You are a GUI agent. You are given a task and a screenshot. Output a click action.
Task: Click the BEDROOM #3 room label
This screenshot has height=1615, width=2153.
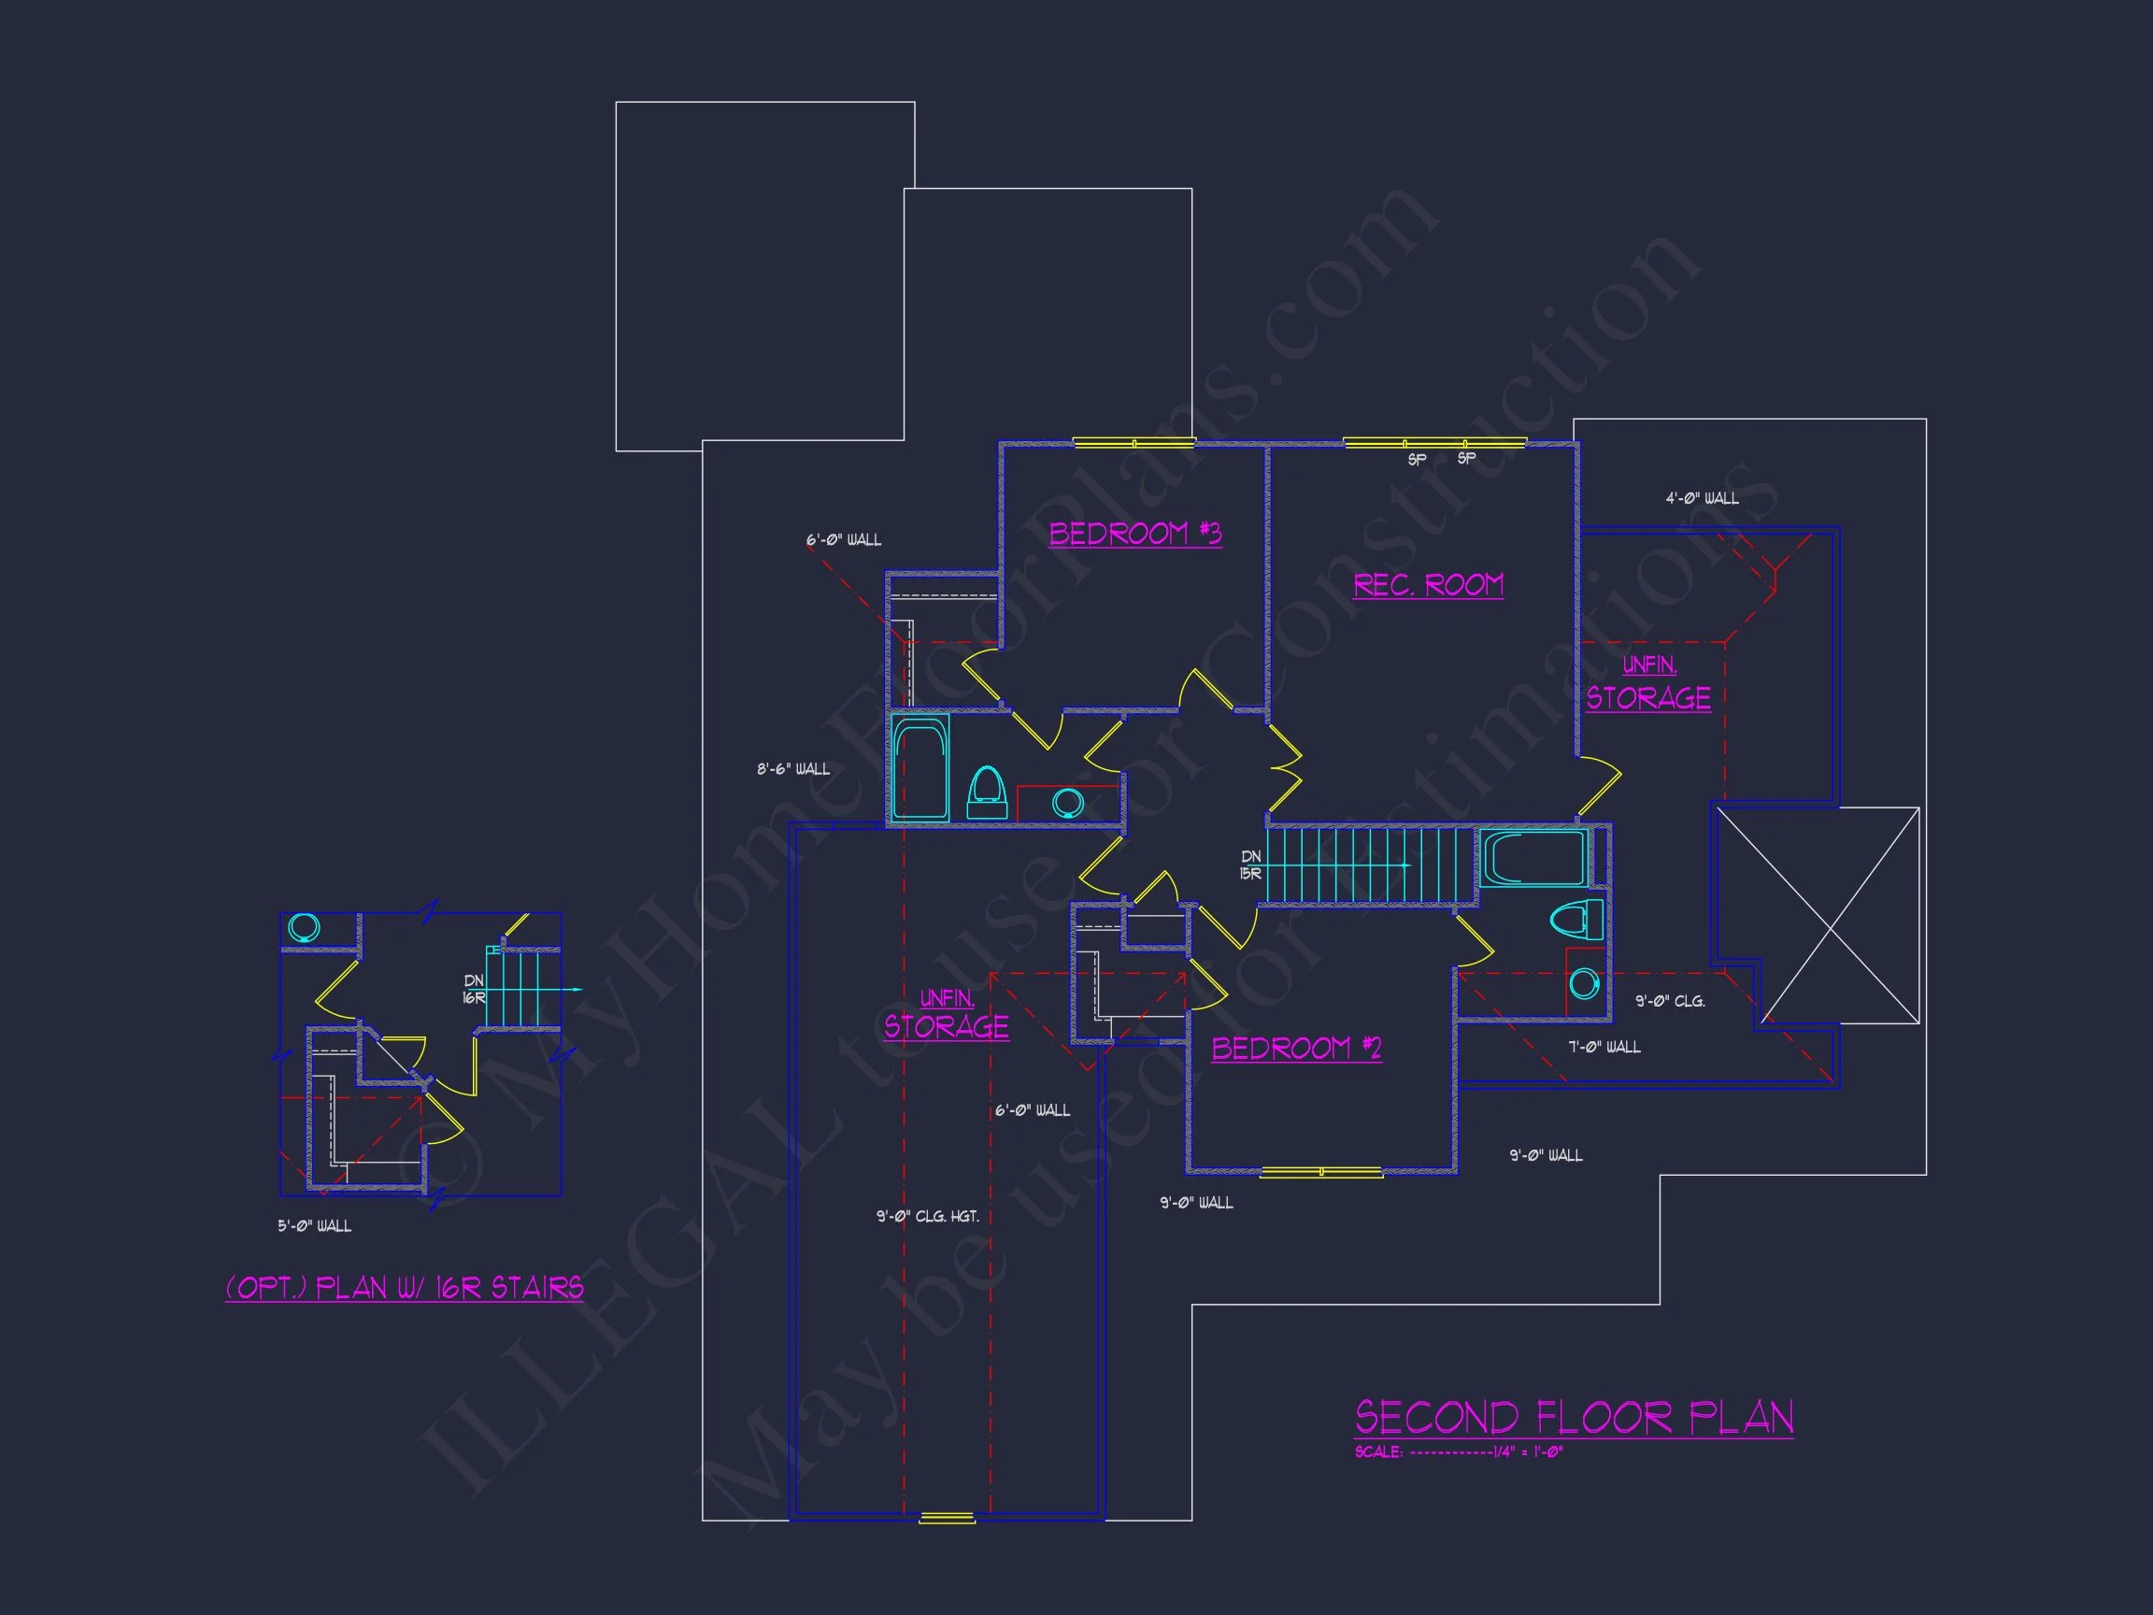pyautogui.click(x=1134, y=534)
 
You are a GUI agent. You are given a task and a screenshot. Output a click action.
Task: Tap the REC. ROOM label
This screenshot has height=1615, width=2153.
pyautogui.click(x=1428, y=585)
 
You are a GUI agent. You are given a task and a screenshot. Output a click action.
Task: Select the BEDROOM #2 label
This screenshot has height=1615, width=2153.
pyautogui.click(x=1295, y=1049)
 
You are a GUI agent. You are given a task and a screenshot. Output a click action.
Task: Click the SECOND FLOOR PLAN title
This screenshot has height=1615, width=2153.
pyautogui.click(x=1573, y=1418)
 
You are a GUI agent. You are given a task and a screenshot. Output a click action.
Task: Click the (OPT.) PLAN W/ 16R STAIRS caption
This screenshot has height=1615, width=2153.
pyautogui.click(x=404, y=1288)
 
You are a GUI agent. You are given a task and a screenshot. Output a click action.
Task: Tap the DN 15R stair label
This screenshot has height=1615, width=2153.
pyautogui.click(x=1250, y=865)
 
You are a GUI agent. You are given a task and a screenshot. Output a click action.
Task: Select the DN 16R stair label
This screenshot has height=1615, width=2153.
pyautogui.click(x=474, y=989)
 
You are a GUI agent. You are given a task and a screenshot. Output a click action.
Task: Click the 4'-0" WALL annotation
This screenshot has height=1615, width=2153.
pyautogui.click(x=1702, y=498)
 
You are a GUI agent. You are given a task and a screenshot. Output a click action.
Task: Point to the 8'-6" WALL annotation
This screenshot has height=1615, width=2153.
pyautogui.click(x=793, y=769)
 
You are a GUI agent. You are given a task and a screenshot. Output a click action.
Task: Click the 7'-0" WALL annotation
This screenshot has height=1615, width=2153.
pyautogui.click(x=1604, y=1048)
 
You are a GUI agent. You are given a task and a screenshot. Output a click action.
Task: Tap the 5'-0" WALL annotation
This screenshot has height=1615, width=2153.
pyautogui.click(x=314, y=1226)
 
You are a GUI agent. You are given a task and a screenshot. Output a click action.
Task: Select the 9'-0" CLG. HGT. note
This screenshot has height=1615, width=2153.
pyautogui.click(x=927, y=1216)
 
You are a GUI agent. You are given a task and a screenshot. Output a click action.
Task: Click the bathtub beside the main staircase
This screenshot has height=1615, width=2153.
pyautogui.click(x=1532, y=858)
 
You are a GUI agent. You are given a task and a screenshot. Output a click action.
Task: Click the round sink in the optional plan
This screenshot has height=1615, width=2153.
pyautogui.click(x=305, y=928)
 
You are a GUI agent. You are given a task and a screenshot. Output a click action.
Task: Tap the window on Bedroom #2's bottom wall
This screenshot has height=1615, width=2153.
pyautogui.click(x=1320, y=1172)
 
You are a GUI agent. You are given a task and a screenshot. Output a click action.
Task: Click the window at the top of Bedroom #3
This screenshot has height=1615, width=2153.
pyautogui.click(x=1133, y=443)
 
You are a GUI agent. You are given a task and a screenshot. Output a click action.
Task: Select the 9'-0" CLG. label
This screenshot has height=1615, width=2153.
pyautogui.click(x=1669, y=1001)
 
